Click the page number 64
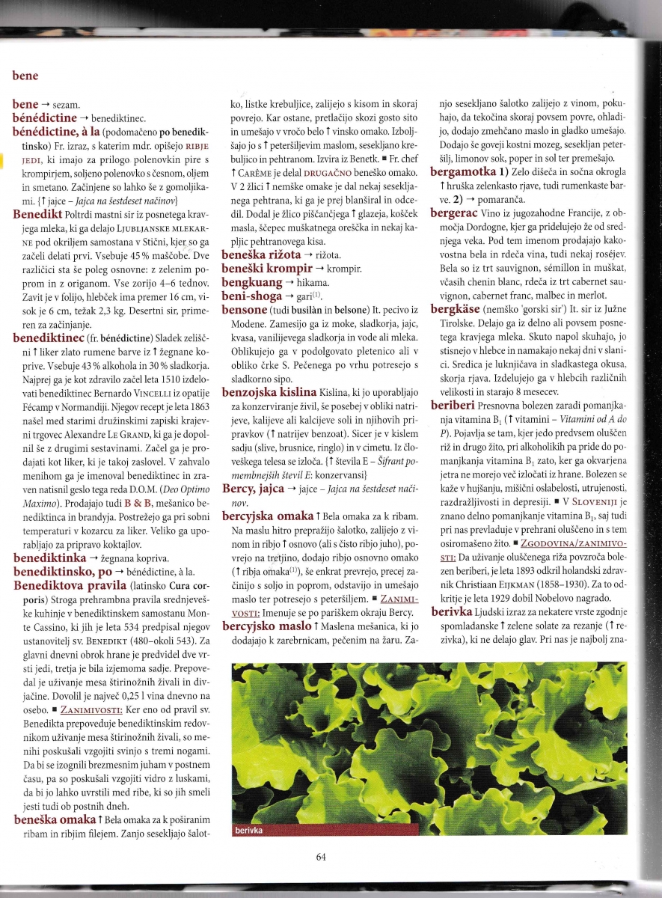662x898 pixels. click(x=321, y=857)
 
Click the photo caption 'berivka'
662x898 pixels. click(x=250, y=830)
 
